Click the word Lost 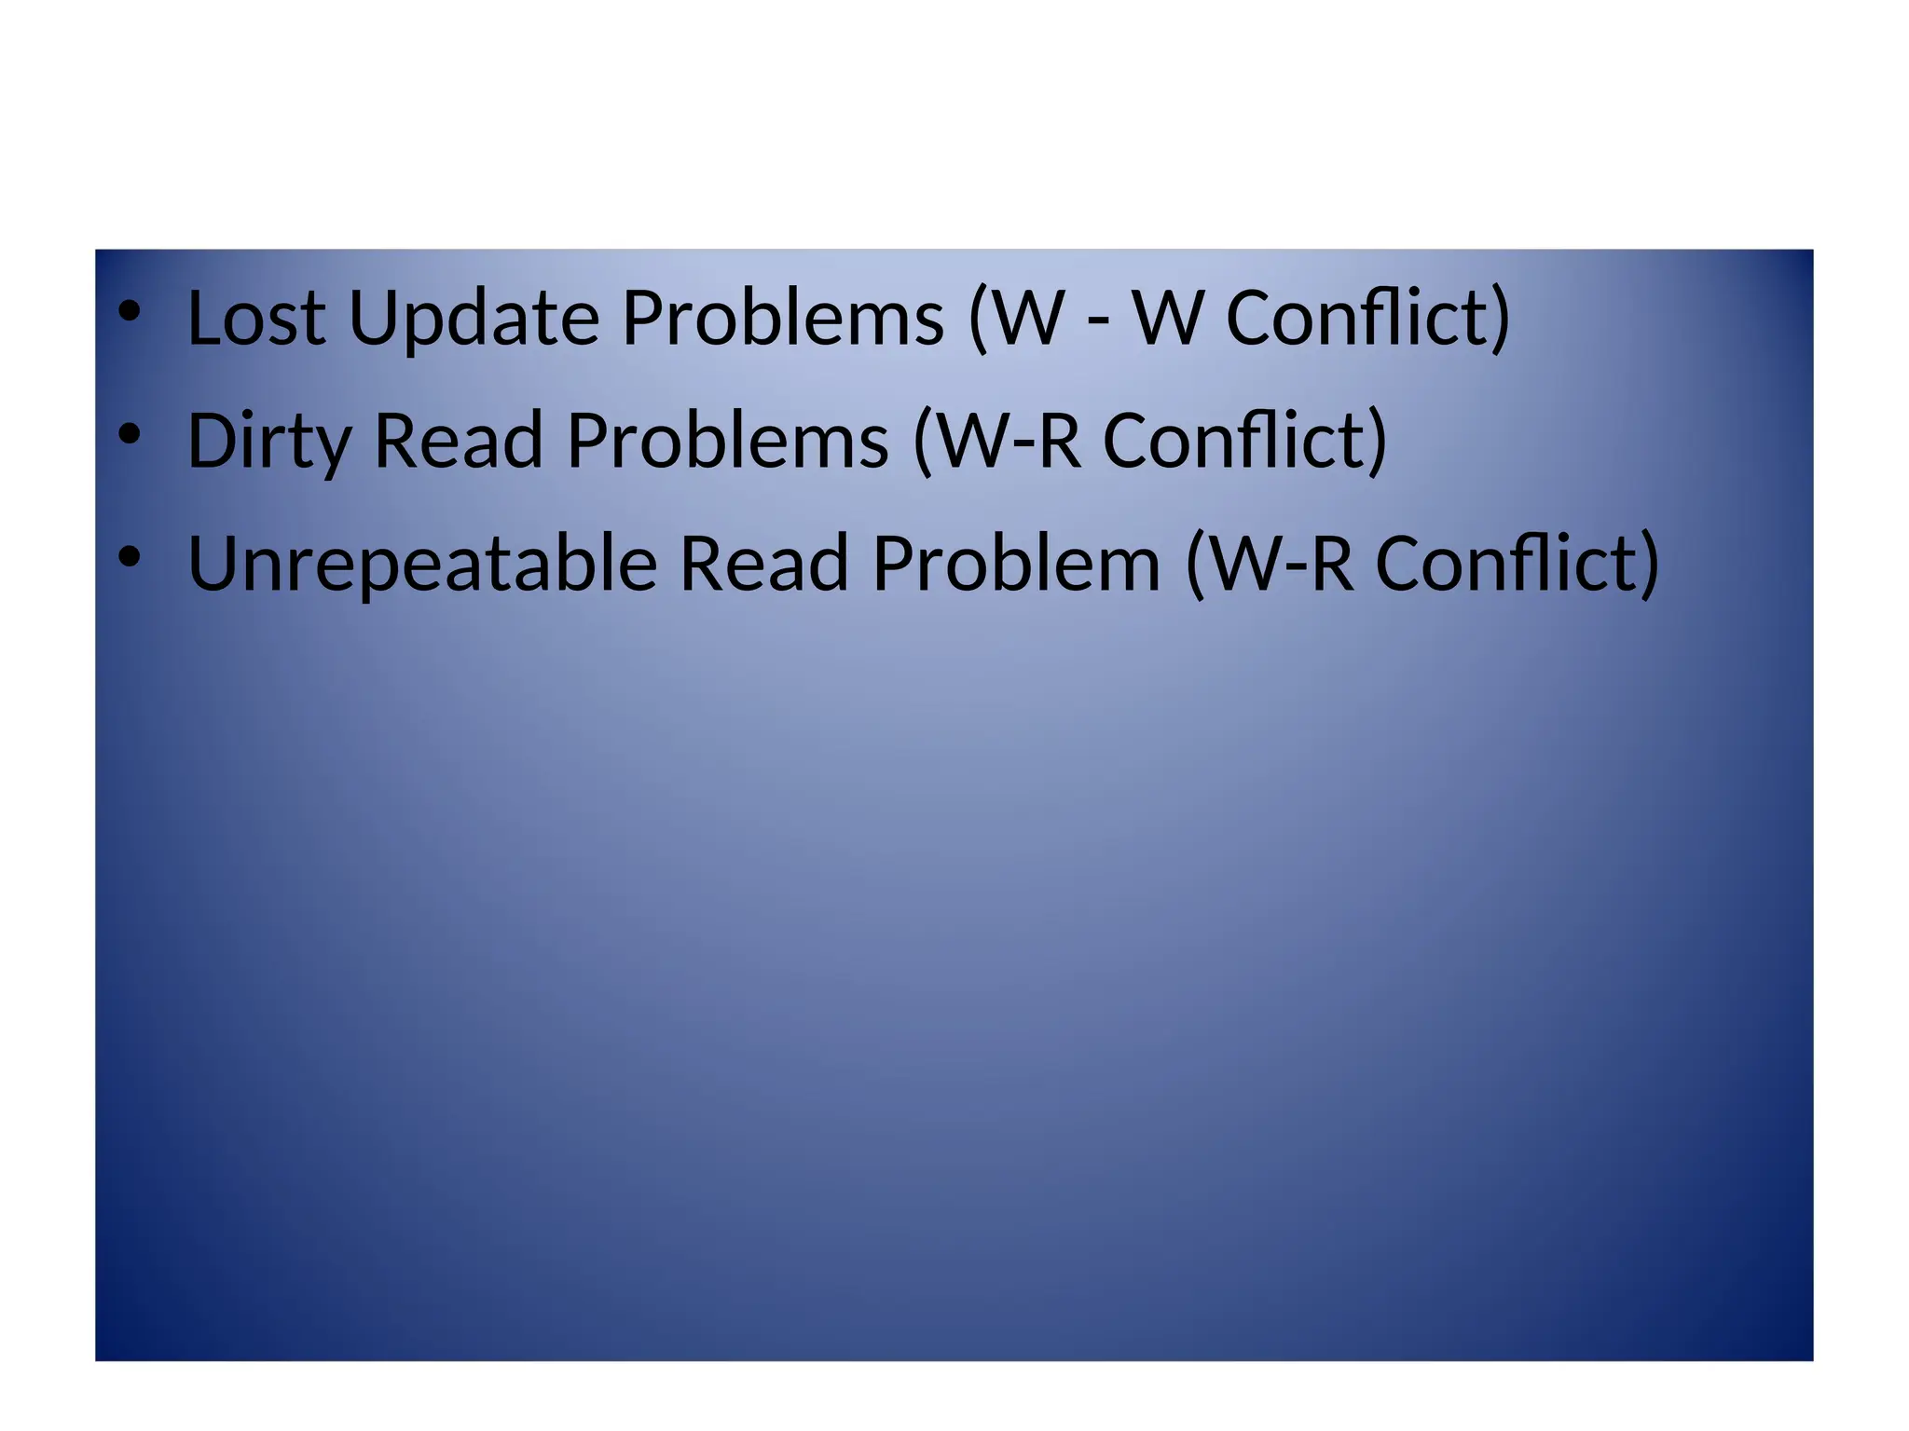256,318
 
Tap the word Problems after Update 783,318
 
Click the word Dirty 268,443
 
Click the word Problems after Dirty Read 727,441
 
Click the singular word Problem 1016,564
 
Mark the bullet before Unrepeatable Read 130,556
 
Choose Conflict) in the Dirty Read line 1245,441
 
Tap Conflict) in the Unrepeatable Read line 1518,564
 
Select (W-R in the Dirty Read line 997,441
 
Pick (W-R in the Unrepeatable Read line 1270,564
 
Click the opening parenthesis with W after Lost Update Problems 1016,319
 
